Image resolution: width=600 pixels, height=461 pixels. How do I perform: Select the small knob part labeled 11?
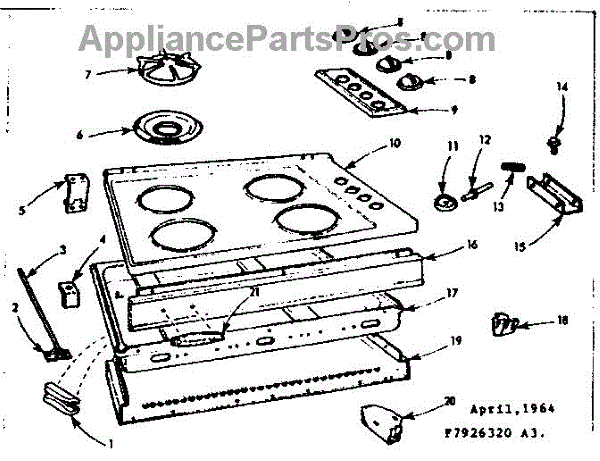(x=444, y=199)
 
